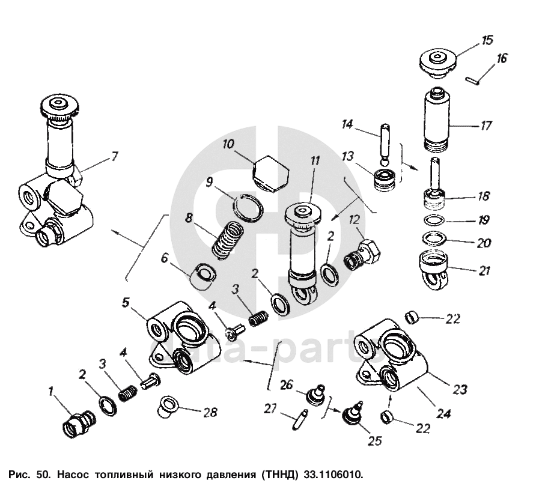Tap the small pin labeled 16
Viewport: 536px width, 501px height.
click(472, 80)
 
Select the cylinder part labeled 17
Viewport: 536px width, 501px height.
click(436, 119)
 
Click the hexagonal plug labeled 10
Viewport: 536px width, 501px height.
click(272, 174)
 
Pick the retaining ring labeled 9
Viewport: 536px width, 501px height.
click(249, 208)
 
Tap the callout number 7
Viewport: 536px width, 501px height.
click(114, 157)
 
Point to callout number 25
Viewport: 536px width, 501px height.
click(374, 441)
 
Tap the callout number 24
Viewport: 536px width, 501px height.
click(445, 414)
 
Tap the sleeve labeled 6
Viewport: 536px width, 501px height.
click(203, 276)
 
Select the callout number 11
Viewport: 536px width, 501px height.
click(314, 161)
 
